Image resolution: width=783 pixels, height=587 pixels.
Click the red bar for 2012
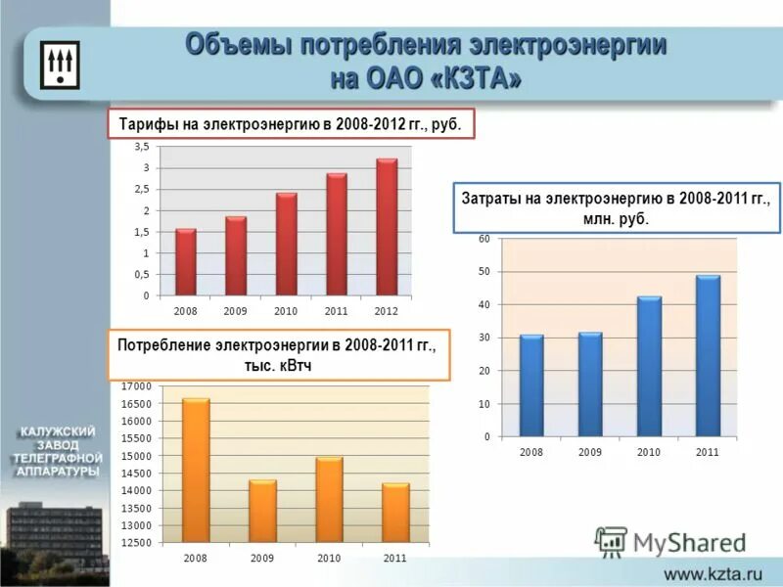tap(387, 227)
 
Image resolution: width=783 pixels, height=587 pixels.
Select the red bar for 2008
tap(186, 262)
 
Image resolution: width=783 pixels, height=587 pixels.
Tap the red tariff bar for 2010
tap(286, 245)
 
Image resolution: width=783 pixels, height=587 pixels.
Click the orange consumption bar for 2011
tap(395, 513)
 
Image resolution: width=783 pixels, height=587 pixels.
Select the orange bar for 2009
tap(262, 511)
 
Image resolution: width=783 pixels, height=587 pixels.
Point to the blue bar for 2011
tap(708, 356)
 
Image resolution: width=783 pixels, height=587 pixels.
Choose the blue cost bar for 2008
tap(531, 385)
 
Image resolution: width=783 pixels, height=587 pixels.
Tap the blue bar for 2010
tap(649, 367)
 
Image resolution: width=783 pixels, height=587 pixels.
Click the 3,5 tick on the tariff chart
tap(141, 147)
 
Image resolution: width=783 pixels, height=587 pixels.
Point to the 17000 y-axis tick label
tap(137, 386)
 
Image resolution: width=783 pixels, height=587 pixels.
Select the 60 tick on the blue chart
tap(484, 239)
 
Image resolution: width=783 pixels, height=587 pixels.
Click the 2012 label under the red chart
tap(387, 310)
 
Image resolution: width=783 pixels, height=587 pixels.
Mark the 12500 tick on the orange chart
tap(137, 542)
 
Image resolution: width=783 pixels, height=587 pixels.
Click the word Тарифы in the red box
tap(148, 125)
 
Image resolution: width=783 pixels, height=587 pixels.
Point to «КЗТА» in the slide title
tap(468, 78)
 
